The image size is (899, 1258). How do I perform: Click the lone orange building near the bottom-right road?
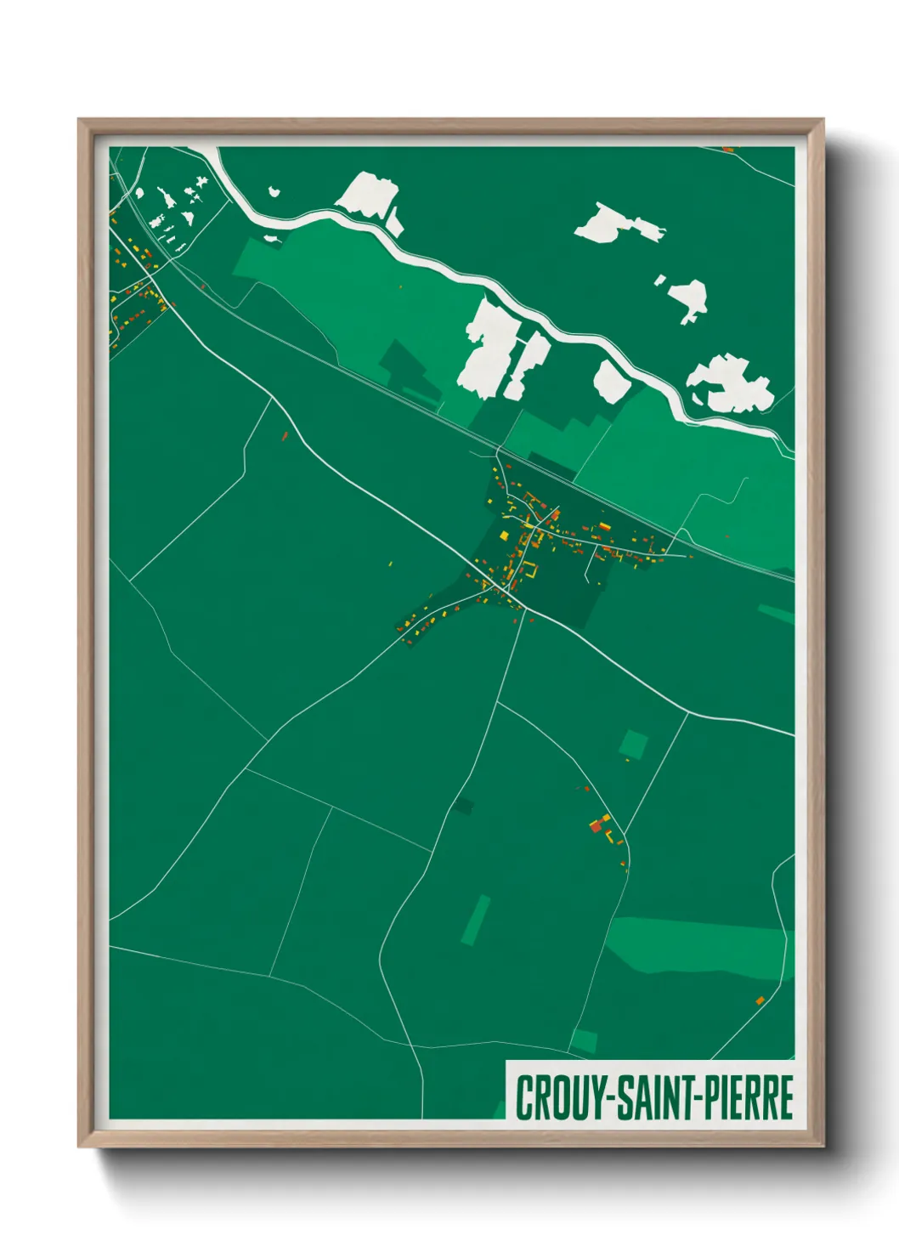(760, 1000)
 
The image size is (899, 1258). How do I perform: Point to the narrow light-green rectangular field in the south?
(476, 920)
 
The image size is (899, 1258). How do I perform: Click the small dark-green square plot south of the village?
(463, 804)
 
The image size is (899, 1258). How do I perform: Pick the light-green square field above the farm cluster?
(633, 745)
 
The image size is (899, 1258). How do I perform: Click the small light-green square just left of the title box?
(585, 1040)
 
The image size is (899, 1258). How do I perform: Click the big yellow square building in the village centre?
(503, 535)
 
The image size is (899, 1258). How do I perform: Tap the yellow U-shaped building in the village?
(529, 571)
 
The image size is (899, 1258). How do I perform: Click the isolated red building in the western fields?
(285, 436)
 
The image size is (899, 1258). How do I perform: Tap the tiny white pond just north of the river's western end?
(274, 191)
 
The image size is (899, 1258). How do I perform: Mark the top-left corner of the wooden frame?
(79, 120)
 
